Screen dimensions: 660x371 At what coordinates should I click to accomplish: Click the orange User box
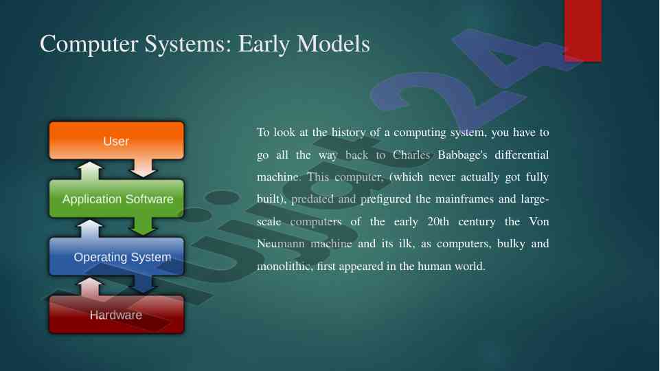[117, 141]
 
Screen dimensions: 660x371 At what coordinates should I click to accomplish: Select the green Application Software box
[117, 199]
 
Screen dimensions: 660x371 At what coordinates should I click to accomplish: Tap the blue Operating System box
[117, 256]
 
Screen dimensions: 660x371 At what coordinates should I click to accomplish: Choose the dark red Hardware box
[117, 314]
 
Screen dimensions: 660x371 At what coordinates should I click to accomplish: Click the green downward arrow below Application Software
[143, 226]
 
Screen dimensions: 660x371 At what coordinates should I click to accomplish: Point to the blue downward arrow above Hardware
[143, 284]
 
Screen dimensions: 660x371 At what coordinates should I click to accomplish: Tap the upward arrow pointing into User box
[90, 171]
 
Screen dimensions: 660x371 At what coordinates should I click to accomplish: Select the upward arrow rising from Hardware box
[90, 286]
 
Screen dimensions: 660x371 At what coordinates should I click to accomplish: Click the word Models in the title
[333, 44]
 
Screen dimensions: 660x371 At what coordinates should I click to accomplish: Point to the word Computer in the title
[89, 45]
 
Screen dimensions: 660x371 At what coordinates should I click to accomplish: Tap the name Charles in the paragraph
[411, 155]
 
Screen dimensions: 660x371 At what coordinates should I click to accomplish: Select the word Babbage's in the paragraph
[462, 155]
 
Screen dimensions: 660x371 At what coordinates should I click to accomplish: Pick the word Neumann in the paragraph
[280, 244]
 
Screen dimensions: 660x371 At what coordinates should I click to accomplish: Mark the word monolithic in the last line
[285, 266]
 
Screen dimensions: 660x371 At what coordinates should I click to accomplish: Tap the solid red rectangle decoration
[582, 31]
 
